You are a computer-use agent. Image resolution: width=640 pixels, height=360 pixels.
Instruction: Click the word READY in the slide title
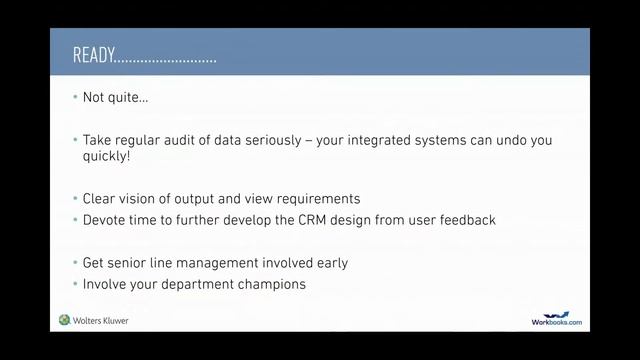(x=92, y=55)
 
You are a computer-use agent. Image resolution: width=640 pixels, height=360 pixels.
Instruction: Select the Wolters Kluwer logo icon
(x=65, y=320)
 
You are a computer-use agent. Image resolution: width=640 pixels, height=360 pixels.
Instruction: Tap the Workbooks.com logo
(x=556, y=319)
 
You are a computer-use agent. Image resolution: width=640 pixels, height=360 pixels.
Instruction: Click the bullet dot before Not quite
(x=75, y=98)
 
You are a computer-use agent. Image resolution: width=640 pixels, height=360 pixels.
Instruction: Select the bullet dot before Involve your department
(x=75, y=284)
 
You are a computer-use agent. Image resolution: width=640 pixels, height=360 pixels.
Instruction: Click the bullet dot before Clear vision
(x=75, y=198)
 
